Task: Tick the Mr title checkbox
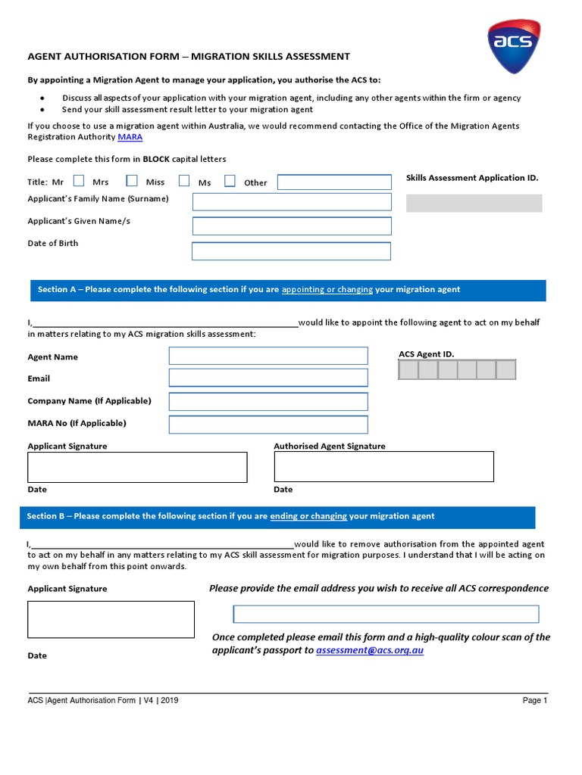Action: coord(78,181)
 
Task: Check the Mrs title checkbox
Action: coord(131,181)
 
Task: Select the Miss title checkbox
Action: coord(184,181)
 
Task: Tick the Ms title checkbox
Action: coord(230,181)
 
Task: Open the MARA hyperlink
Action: coord(130,137)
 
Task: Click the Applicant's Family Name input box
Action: coord(292,201)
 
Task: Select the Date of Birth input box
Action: coord(291,251)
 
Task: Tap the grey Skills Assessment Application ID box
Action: coord(474,203)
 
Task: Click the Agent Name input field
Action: coord(268,356)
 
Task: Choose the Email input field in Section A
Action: coord(268,378)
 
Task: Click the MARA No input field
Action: coord(268,424)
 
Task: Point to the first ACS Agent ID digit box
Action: coord(408,369)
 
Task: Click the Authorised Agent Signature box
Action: coord(383,467)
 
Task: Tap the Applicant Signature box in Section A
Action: coord(137,467)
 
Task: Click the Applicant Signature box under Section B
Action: coord(111,619)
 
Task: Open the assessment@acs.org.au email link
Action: coord(370,650)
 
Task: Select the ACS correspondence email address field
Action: coord(386,614)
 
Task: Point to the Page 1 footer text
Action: coord(534,701)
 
